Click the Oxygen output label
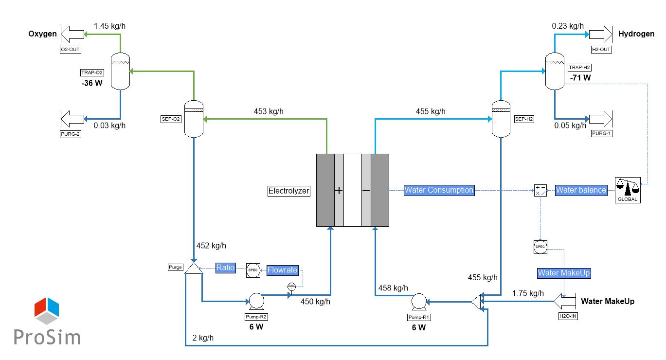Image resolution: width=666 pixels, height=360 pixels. click(x=42, y=34)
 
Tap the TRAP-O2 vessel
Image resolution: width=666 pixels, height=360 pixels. click(x=120, y=71)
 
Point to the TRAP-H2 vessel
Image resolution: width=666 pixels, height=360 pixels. click(x=555, y=71)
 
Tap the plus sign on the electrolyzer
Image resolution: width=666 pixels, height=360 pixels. click(x=339, y=190)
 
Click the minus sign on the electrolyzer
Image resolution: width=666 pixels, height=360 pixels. click(x=366, y=190)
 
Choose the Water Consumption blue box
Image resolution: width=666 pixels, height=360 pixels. click(x=439, y=190)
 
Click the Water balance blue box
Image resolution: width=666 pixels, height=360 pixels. click(x=581, y=190)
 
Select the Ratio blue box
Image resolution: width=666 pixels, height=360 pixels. click(x=226, y=268)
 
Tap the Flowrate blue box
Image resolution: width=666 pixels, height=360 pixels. click(x=283, y=270)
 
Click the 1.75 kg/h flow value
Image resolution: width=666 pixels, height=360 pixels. click(x=528, y=293)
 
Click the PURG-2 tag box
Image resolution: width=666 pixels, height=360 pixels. click(x=71, y=135)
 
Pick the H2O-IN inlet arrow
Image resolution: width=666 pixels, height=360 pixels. click(x=564, y=302)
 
